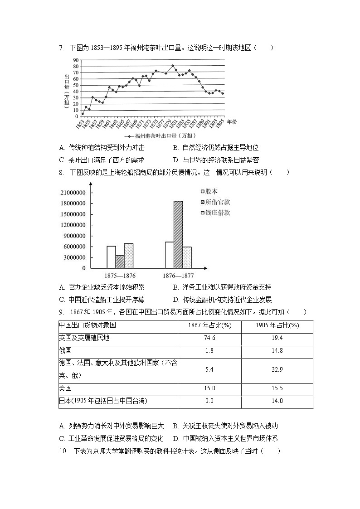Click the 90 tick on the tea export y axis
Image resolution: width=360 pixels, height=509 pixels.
(76, 60)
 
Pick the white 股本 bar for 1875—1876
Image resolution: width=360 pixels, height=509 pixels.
(111, 257)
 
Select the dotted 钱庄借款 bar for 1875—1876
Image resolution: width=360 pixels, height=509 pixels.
(129, 256)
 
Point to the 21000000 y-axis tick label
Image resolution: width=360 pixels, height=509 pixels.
(73, 193)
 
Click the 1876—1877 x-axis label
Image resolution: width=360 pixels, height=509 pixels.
(178, 275)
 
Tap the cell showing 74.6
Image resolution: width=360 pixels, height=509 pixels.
(209, 338)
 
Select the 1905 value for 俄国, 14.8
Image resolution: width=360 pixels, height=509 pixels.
(277, 350)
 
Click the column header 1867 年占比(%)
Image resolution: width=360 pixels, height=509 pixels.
(209, 325)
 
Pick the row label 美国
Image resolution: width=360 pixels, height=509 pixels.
(65, 388)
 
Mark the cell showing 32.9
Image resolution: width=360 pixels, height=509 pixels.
(277, 370)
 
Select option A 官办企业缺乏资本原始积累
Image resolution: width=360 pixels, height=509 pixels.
(102, 287)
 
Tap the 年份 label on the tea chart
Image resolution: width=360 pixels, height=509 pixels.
(232, 122)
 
